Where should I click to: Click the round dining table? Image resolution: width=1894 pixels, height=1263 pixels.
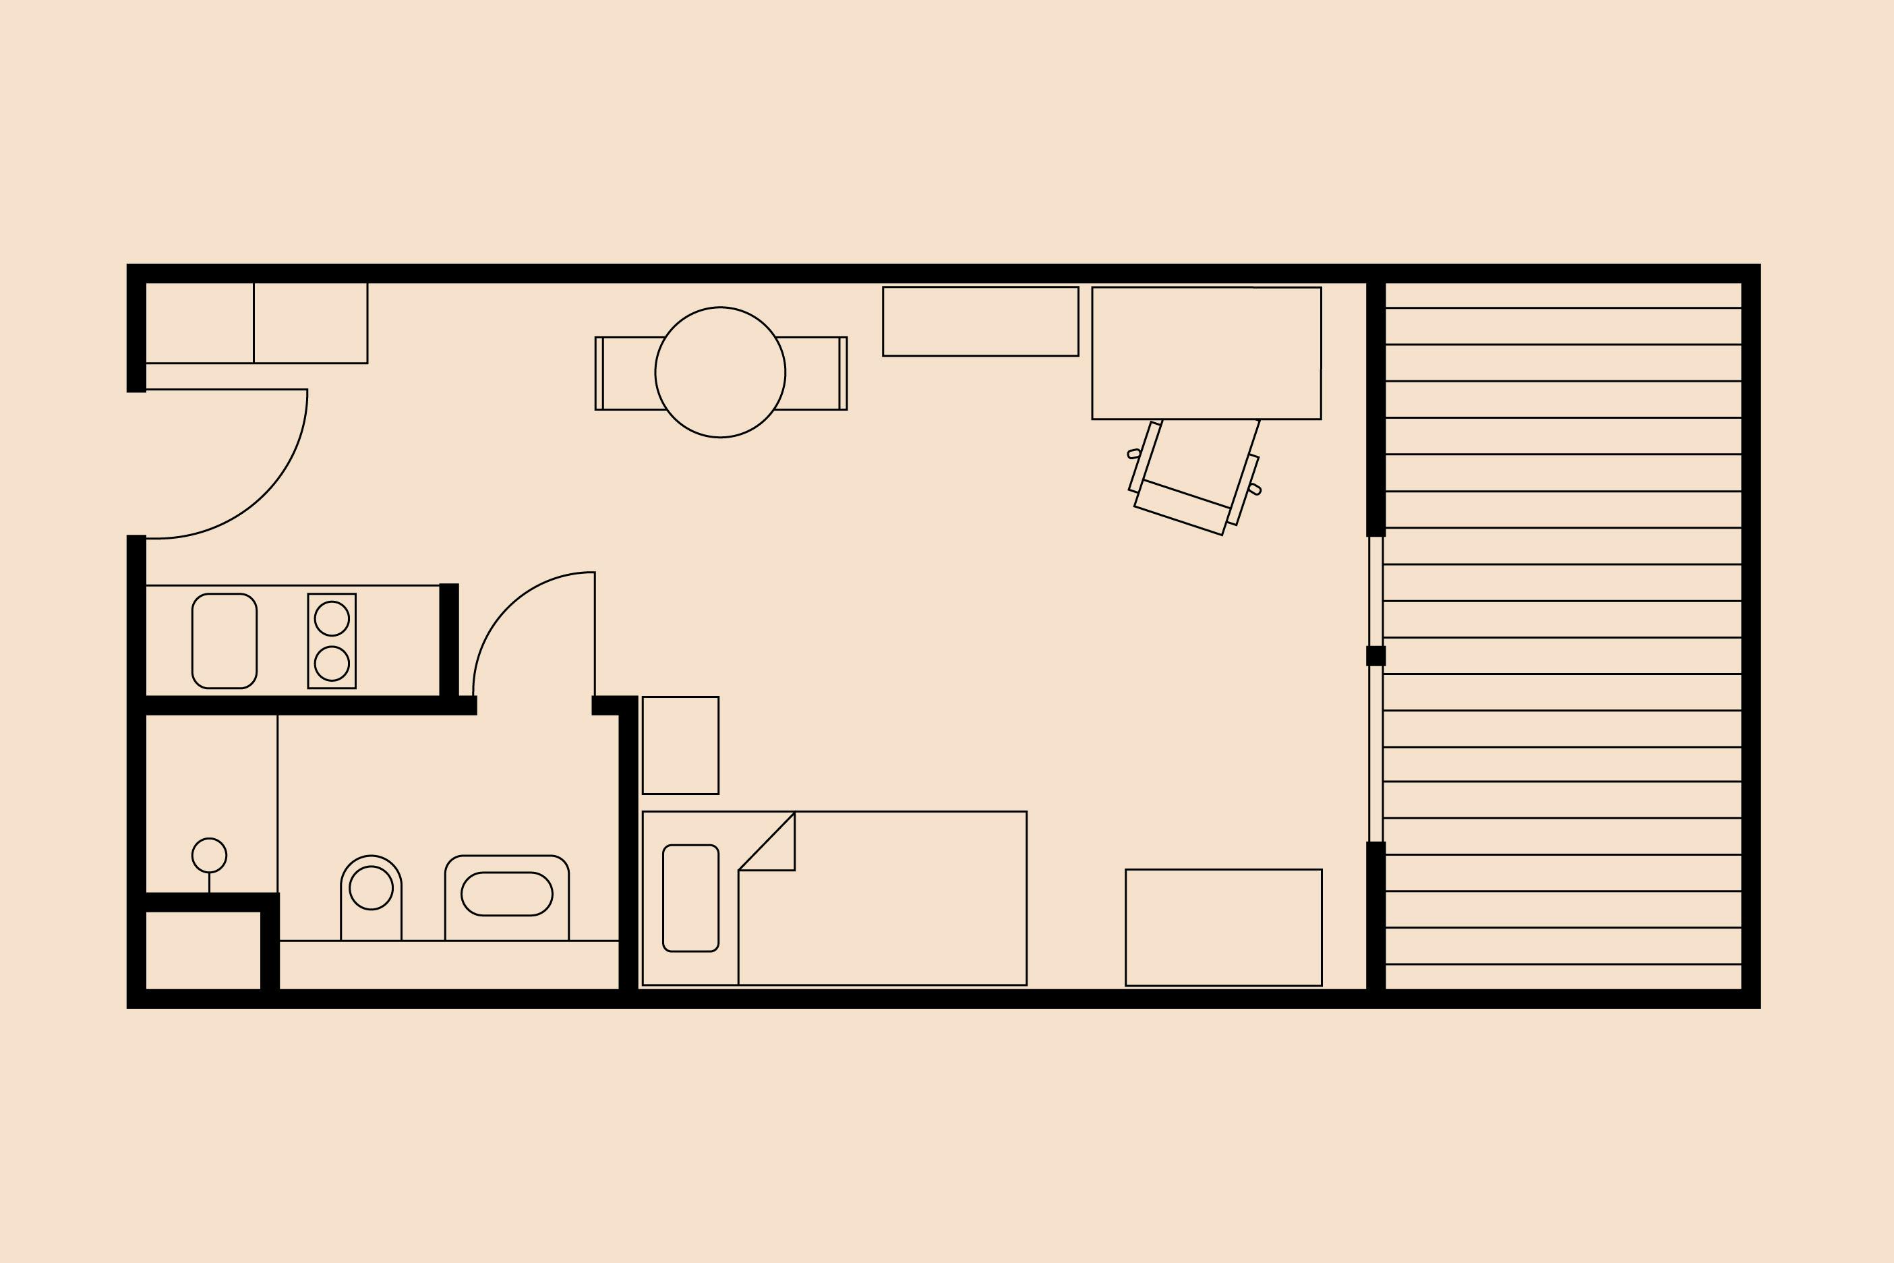(720, 372)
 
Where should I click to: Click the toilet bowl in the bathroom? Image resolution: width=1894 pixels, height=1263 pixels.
(370, 889)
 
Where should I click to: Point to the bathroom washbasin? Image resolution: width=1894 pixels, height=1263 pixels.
(506, 894)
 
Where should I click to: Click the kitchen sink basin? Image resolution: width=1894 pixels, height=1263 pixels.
(224, 641)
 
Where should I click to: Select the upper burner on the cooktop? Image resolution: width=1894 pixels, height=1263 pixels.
(332, 618)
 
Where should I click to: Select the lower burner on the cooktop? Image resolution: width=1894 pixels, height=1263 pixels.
(332, 664)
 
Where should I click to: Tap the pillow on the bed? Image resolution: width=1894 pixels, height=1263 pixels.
(690, 898)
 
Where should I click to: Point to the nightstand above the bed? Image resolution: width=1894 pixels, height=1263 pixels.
(680, 745)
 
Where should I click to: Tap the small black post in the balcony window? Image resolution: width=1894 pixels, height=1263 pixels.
(1375, 655)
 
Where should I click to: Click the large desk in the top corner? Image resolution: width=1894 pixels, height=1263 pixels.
(1206, 353)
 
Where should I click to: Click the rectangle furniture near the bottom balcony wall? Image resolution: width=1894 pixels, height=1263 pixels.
(1223, 927)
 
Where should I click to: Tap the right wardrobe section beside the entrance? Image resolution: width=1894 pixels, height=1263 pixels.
(310, 322)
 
